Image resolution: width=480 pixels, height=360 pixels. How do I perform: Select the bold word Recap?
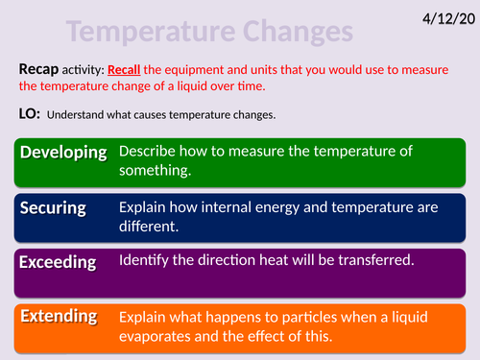(39, 70)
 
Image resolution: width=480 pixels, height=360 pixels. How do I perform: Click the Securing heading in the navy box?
(54, 207)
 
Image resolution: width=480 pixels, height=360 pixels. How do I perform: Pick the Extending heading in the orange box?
(59, 315)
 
